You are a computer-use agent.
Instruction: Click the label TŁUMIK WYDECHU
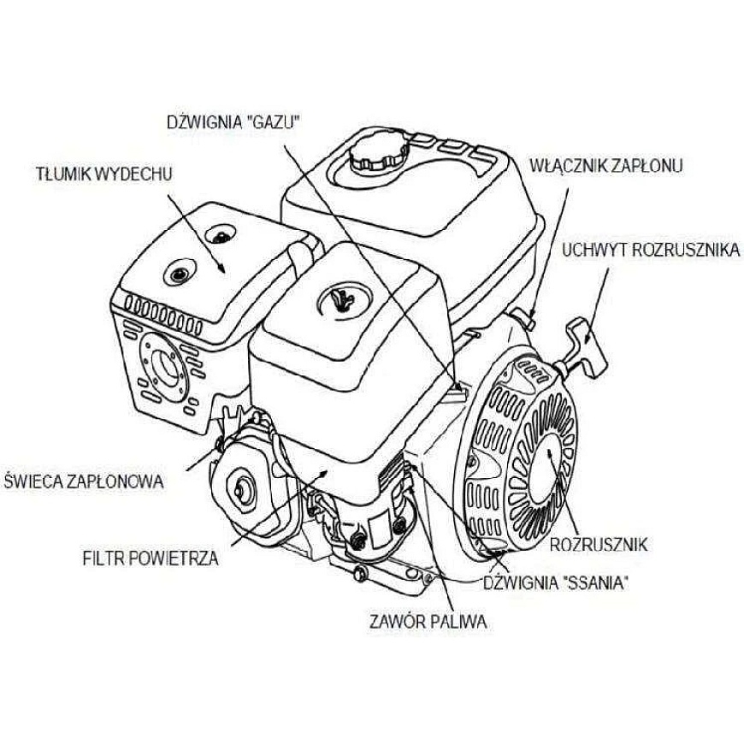[x=104, y=174]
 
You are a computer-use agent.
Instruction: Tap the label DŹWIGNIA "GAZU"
[x=234, y=122]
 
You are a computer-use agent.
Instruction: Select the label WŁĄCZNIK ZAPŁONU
[x=606, y=166]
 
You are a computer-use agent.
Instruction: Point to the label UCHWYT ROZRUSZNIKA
[x=651, y=250]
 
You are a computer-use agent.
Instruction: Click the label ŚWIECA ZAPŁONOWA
[x=84, y=481]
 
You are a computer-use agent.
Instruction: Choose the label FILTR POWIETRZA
[x=151, y=558]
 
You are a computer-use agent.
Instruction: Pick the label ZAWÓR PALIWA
[x=428, y=622]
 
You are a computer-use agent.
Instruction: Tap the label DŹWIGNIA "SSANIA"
[x=556, y=582]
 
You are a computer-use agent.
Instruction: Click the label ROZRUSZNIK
[x=599, y=544]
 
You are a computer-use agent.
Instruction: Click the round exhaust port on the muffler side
[x=166, y=369]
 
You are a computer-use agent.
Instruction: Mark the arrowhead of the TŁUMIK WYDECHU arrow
[x=221, y=269]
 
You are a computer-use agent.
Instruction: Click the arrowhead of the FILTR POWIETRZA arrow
[x=322, y=473]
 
